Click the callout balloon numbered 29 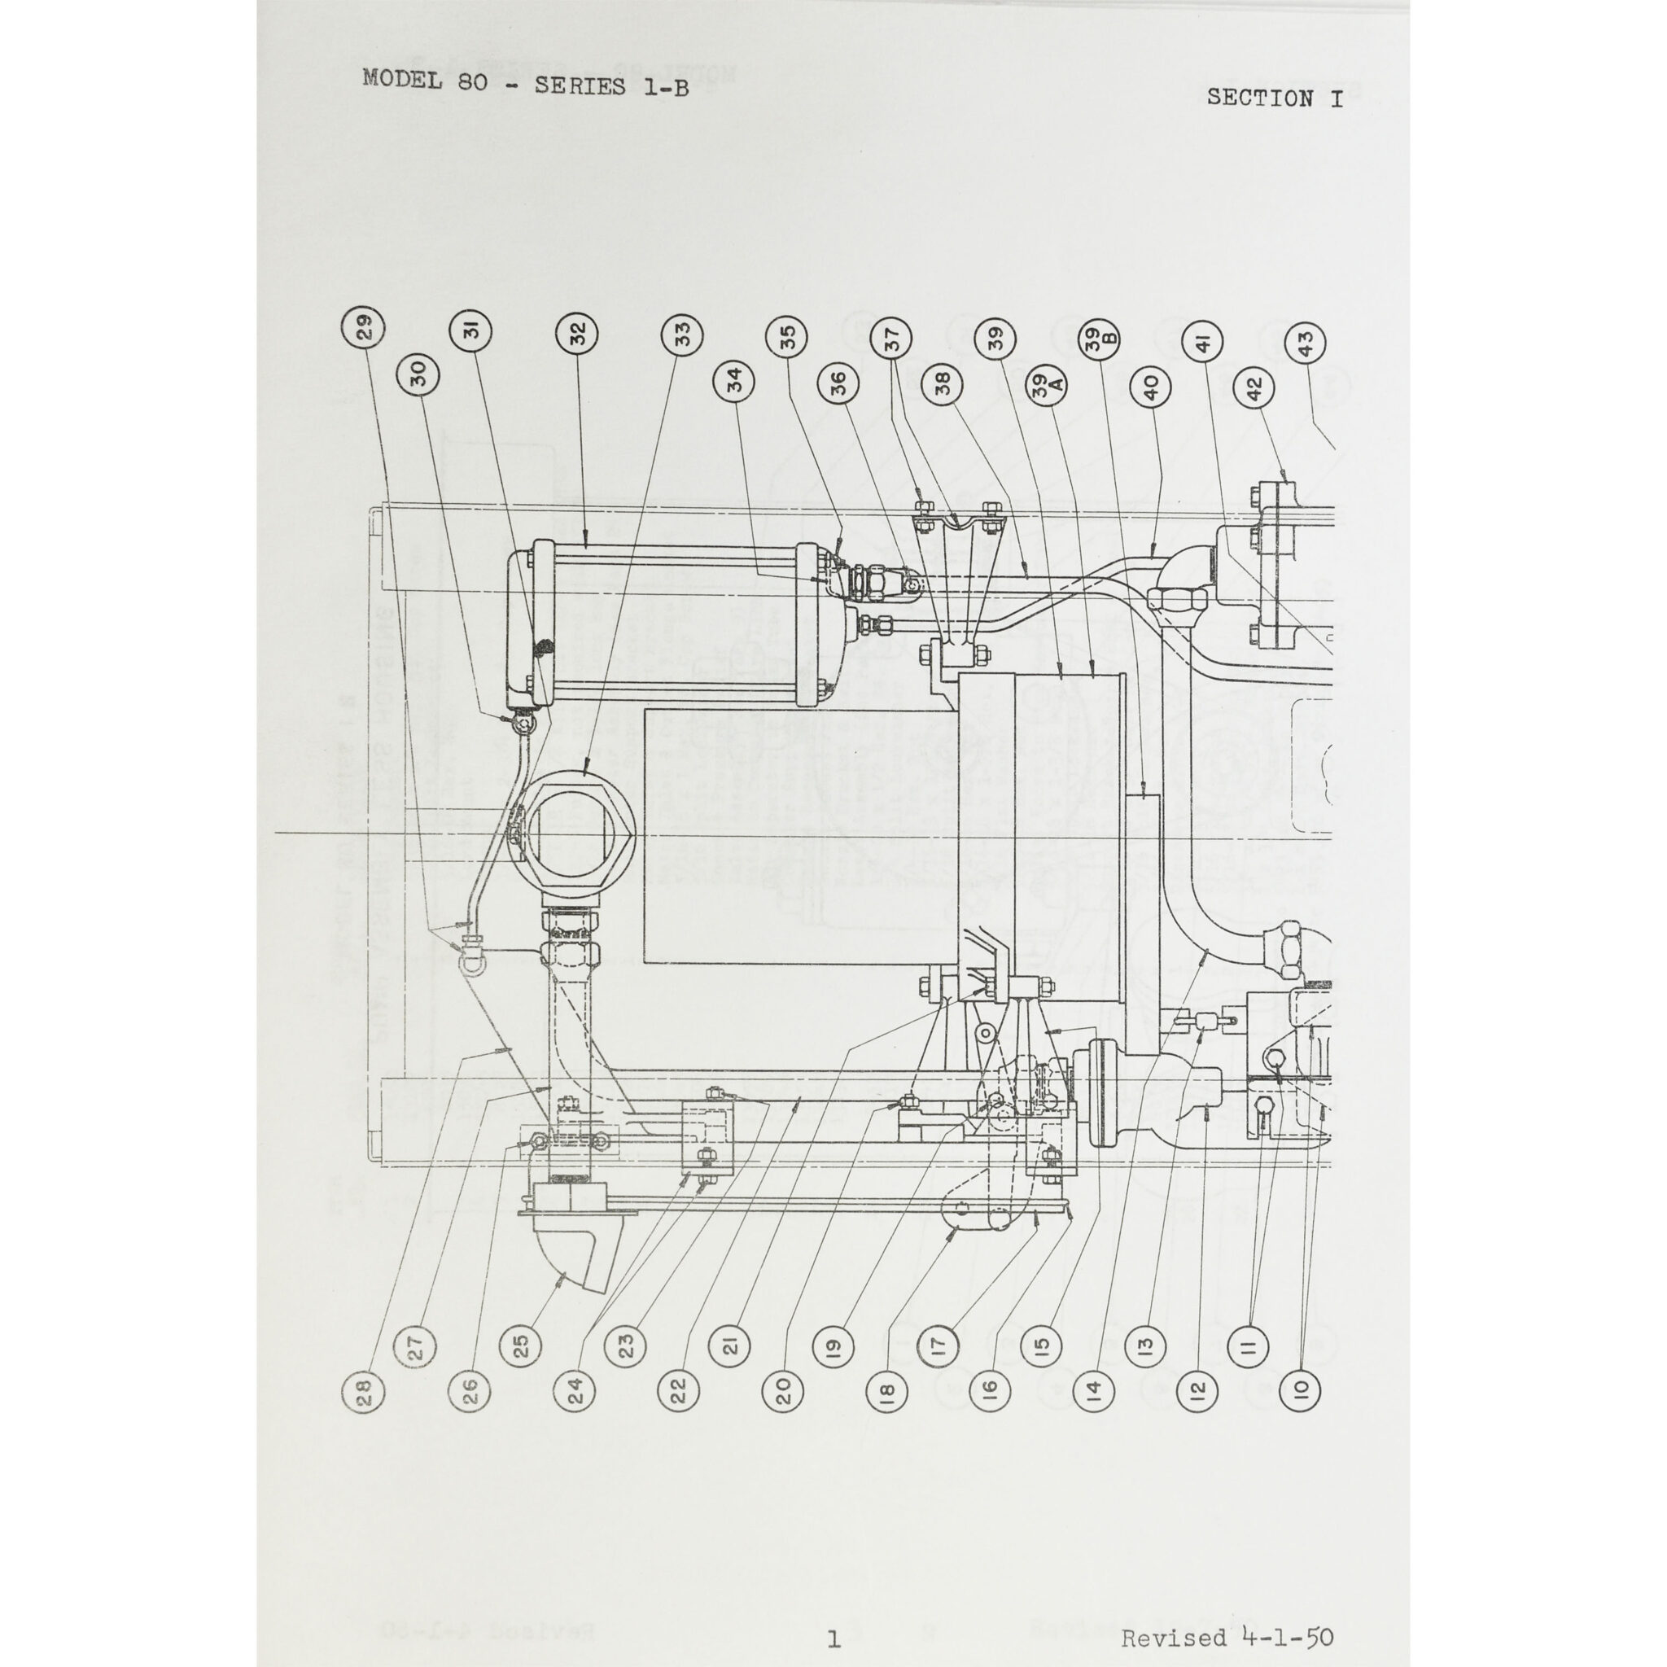(364, 329)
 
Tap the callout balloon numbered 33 (681, 332)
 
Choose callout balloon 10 (1302, 1389)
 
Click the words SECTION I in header (1275, 98)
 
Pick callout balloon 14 (1093, 1389)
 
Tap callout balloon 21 (731, 1343)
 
